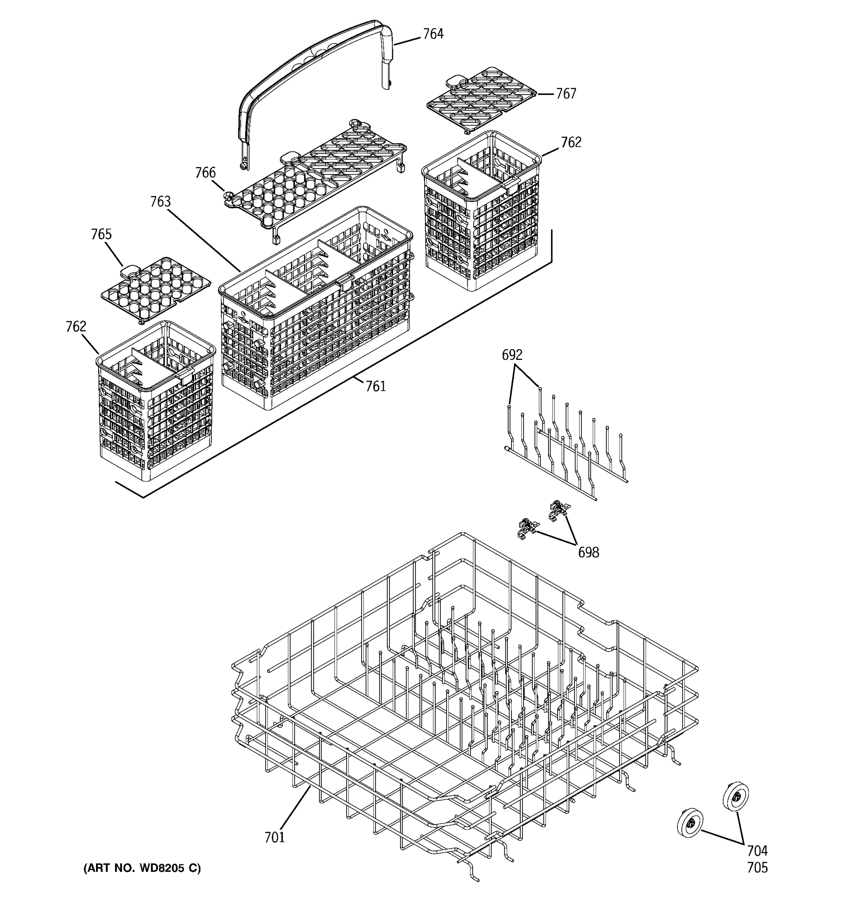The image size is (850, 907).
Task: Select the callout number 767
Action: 566,93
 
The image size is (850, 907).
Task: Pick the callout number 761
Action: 375,387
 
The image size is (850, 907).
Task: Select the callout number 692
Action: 512,355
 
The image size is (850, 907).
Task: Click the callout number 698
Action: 588,553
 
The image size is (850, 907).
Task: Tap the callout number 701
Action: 275,837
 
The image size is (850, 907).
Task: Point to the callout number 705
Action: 757,867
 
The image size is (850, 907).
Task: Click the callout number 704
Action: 757,851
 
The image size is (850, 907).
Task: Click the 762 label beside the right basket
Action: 571,143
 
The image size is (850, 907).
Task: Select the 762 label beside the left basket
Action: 76,327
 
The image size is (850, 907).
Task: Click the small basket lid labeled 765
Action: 155,288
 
